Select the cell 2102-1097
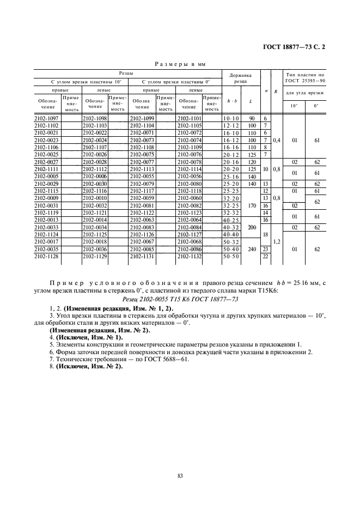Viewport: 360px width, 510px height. tap(46, 118)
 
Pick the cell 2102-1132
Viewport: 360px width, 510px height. tap(189, 256)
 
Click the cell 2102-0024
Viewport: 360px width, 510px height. tap(94, 140)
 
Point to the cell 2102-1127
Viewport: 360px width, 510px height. tap(189, 234)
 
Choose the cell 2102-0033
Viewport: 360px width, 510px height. tap(46, 227)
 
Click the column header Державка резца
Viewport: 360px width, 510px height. tap(240, 78)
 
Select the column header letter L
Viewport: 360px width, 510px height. tap(250, 101)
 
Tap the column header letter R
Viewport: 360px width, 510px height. tap(277, 91)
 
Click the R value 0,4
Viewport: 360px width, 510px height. tap(277, 140)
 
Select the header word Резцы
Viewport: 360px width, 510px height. tap(127, 72)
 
